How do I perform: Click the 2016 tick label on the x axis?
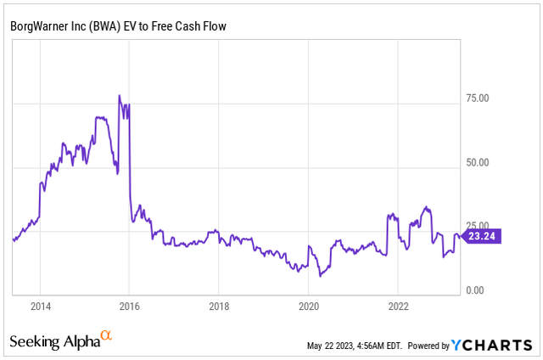point(129,306)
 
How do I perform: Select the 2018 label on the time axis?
point(219,306)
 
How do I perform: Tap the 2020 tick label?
point(309,306)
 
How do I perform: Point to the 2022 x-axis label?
point(399,306)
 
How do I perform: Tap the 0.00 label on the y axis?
point(475,290)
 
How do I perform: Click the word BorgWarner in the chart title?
point(39,27)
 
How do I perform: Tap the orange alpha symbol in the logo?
point(106,336)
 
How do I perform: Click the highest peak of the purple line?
point(119,95)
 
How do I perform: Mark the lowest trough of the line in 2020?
point(321,276)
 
